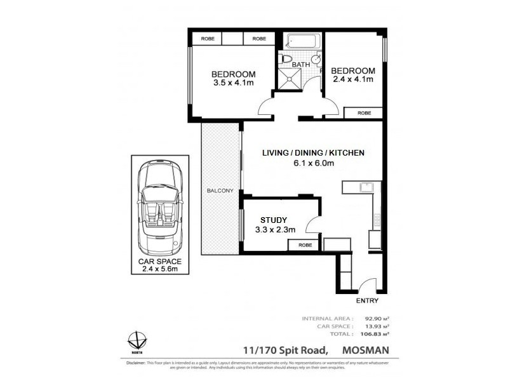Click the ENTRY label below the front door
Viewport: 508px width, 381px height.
pyautogui.click(x=368, y=301)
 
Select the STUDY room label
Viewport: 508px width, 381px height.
pyautogui.click(x=270, y=220)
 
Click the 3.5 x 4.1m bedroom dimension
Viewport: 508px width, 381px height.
pyautogui.click(x=233, y=83)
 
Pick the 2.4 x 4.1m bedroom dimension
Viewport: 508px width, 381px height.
pyautogui.click(x=352, y=80)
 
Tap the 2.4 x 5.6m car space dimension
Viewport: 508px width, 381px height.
pyautogui.click(x=160, y=269)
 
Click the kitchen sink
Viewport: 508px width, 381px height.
pyautogui.click(x=366, y=187)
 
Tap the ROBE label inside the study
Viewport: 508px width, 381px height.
pyautogui.click(x=305, y=245)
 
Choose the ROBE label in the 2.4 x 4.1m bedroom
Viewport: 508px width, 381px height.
pyautogui.click(x=364, y=113)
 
